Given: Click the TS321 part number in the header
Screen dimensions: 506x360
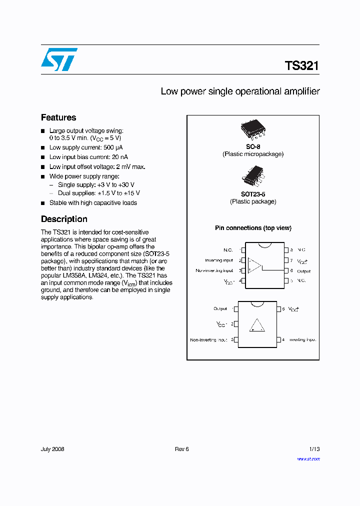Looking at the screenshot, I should (x=301, y=65).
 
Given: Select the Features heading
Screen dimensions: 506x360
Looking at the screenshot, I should (x=58, y=117).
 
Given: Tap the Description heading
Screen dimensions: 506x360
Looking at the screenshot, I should (x=64, y=219).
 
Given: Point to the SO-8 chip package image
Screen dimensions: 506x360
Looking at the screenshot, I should (x=253, y=129).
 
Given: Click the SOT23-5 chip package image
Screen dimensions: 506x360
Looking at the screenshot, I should (x=253, y=176).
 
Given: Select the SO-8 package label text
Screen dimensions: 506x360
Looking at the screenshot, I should (x=253, y=147).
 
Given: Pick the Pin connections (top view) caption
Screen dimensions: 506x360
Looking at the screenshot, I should (x=253, y=228).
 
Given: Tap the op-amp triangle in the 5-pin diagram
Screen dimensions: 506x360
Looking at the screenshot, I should (x=257, y=325).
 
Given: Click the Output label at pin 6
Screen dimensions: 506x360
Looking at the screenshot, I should (x=303, y=271).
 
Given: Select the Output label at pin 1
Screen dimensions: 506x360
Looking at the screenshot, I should (x=220, y=309).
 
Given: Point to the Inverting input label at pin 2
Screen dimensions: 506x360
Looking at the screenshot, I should (x=219, y=260).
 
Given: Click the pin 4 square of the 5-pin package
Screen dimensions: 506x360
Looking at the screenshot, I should (x=279, y=340).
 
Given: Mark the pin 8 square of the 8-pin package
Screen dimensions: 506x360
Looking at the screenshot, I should (x=286, y=249).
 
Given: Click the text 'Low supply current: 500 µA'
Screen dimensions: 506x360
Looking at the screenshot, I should (x=85, y=147).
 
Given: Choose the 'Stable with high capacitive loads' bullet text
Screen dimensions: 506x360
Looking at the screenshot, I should (x=93, y=203).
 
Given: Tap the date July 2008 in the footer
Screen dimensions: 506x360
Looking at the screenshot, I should (x=52, y=449).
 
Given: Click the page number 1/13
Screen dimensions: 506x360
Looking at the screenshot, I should (x=313, y=449).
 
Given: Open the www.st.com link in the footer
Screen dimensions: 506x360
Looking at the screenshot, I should (x=308, y=459).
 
